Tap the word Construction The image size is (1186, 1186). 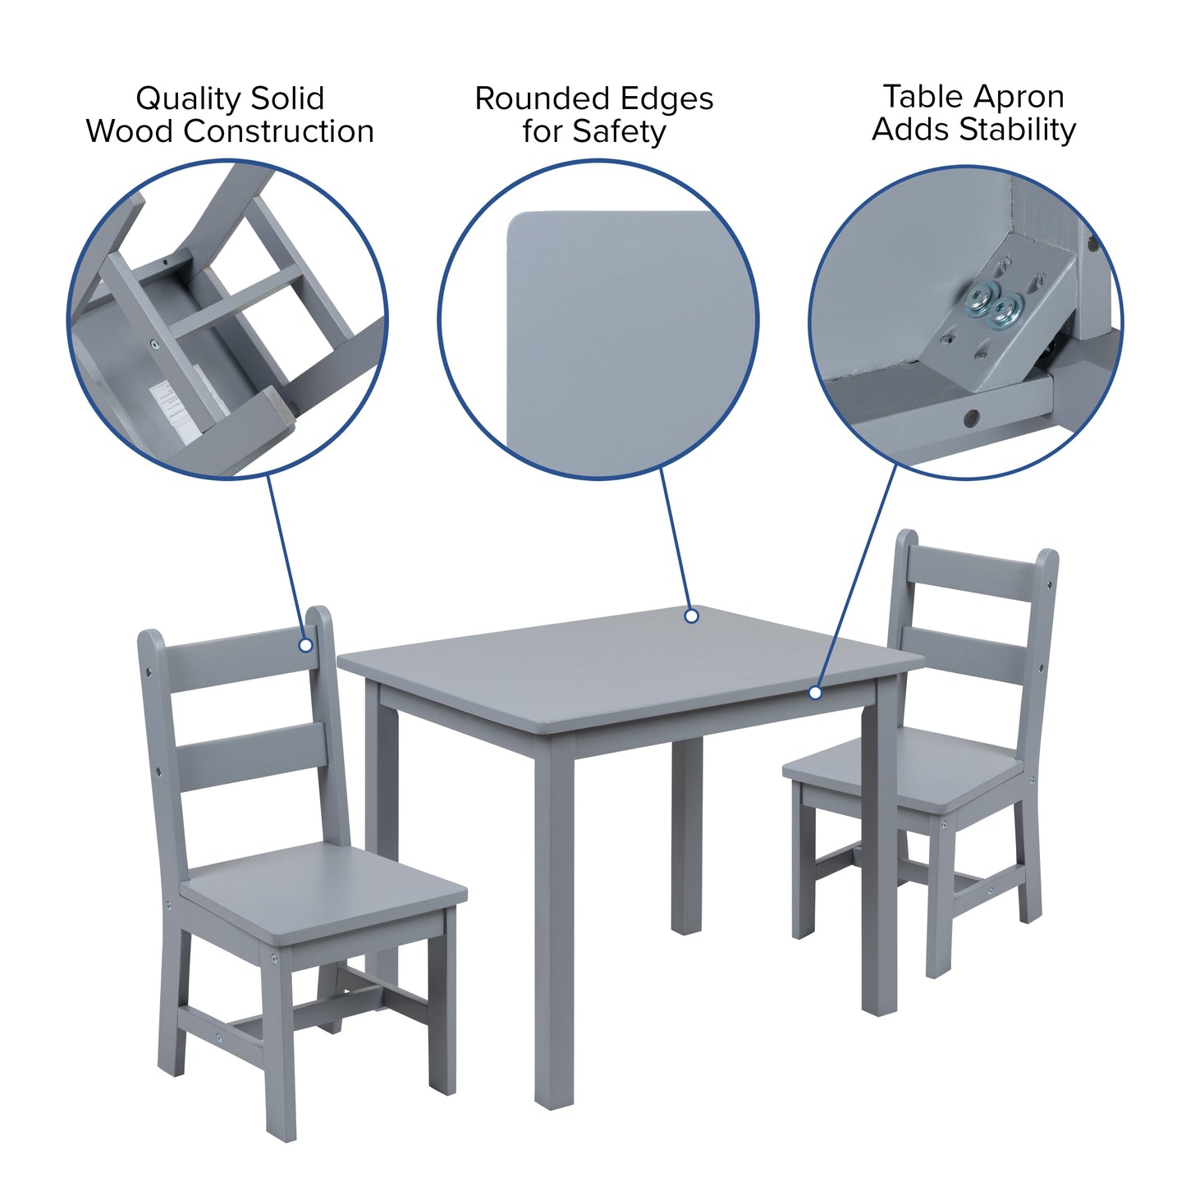point(279,131)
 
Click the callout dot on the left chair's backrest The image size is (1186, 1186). point(306,645)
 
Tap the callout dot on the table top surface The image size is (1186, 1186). point(691,616)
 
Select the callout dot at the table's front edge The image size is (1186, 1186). point(815,693)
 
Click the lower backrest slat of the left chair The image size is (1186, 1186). point(251,755)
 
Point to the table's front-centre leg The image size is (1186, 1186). point(554,927)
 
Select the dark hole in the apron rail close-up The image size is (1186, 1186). point(972,418)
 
